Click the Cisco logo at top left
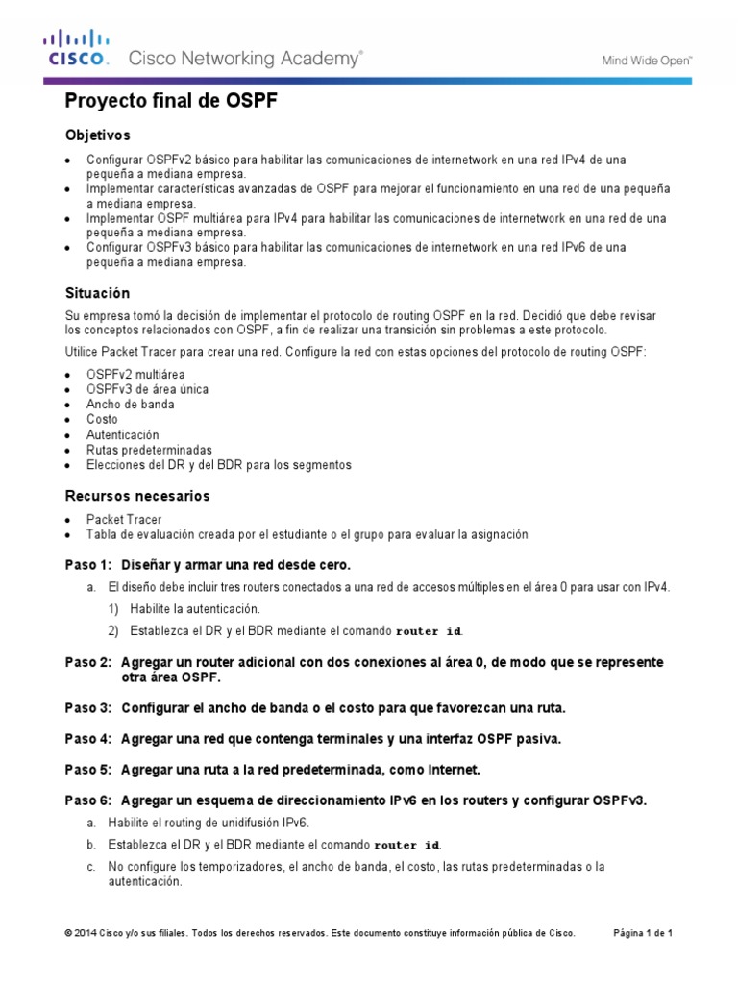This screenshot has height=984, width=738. (76, 48)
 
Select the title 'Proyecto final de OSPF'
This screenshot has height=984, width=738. (170, 103)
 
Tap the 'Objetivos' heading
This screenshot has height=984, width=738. (97, 135)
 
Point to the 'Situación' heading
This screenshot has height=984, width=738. (97, 292)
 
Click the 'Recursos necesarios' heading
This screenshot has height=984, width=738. (136, 496)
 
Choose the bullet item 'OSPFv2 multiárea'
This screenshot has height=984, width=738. (135, 374)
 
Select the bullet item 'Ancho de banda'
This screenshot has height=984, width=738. (130, 405)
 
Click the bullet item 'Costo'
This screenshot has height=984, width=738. (102, 419)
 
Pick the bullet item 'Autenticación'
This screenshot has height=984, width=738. (123, 434)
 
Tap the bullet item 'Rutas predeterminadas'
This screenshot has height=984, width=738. (149, 450)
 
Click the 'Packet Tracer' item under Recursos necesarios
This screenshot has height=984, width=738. (123, 519)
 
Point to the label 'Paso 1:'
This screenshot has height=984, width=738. (88, 563)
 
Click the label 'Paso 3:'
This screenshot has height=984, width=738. (88, 708)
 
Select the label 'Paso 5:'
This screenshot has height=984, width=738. (88, 770)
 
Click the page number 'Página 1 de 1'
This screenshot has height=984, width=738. (643, 933)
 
